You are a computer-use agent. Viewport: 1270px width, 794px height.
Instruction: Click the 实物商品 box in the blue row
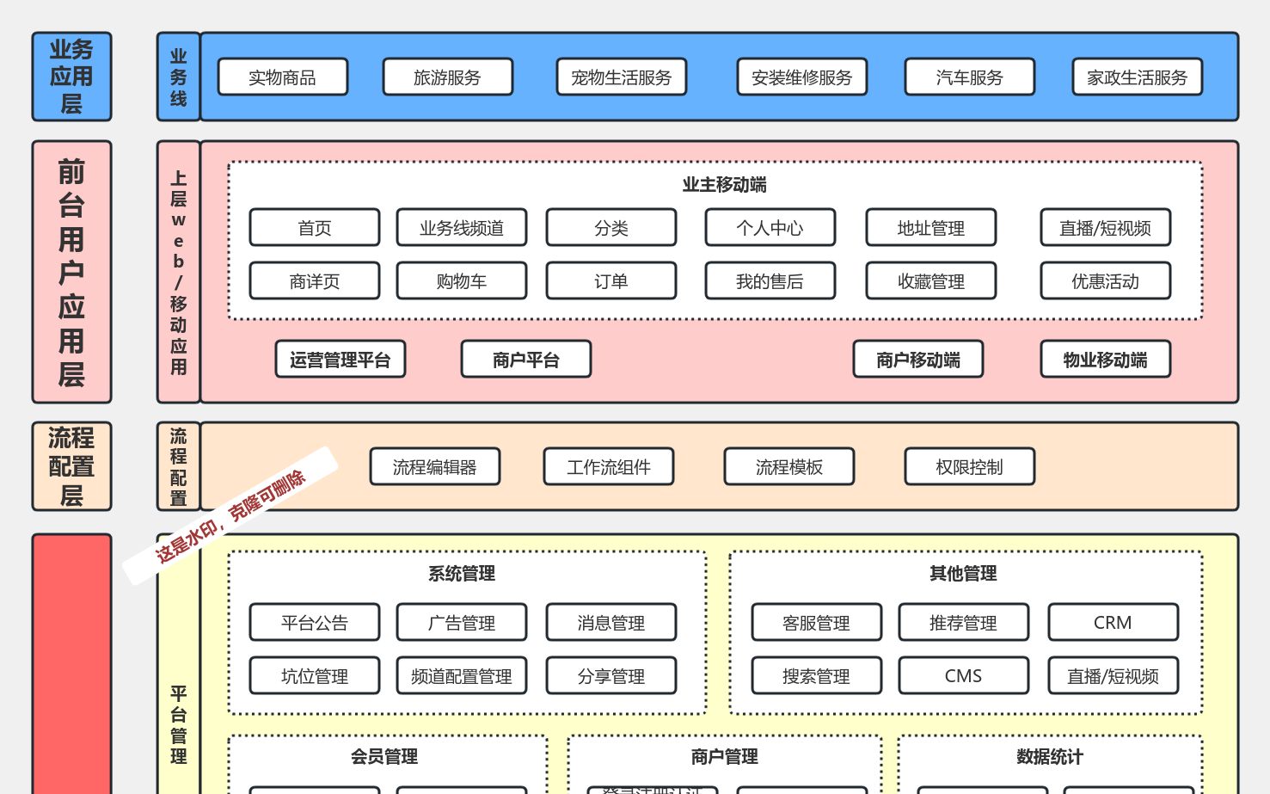282,77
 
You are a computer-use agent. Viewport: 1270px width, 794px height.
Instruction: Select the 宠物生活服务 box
621,77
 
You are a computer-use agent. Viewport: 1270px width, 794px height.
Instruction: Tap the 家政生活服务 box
1137,77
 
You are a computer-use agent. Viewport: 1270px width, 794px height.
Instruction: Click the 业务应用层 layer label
71,77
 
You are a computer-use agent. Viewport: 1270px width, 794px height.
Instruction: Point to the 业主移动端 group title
724,185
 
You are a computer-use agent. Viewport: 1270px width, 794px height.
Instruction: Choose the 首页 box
314,228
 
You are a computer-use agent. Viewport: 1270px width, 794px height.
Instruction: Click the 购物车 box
461,281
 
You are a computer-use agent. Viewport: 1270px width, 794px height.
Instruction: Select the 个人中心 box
770,228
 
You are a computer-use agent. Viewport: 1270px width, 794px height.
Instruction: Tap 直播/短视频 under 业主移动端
1105,228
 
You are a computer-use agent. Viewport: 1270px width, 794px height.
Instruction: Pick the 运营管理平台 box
340,360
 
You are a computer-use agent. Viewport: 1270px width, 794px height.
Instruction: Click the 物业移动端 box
1105,360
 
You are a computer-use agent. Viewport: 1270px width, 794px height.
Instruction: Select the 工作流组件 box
608,467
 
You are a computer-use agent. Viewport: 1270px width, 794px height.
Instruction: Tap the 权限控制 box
969,467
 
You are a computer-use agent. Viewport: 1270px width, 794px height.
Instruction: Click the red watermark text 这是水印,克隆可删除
230,516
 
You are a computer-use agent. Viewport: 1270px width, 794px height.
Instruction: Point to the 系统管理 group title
462,574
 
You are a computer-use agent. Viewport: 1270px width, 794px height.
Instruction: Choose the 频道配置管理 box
461,676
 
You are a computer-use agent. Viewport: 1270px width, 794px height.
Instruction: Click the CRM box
1112,623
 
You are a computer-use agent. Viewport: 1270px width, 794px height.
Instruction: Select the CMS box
963,676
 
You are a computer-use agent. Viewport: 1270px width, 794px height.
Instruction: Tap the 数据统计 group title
1049,757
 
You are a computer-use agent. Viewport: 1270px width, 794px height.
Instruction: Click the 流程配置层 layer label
71,466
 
